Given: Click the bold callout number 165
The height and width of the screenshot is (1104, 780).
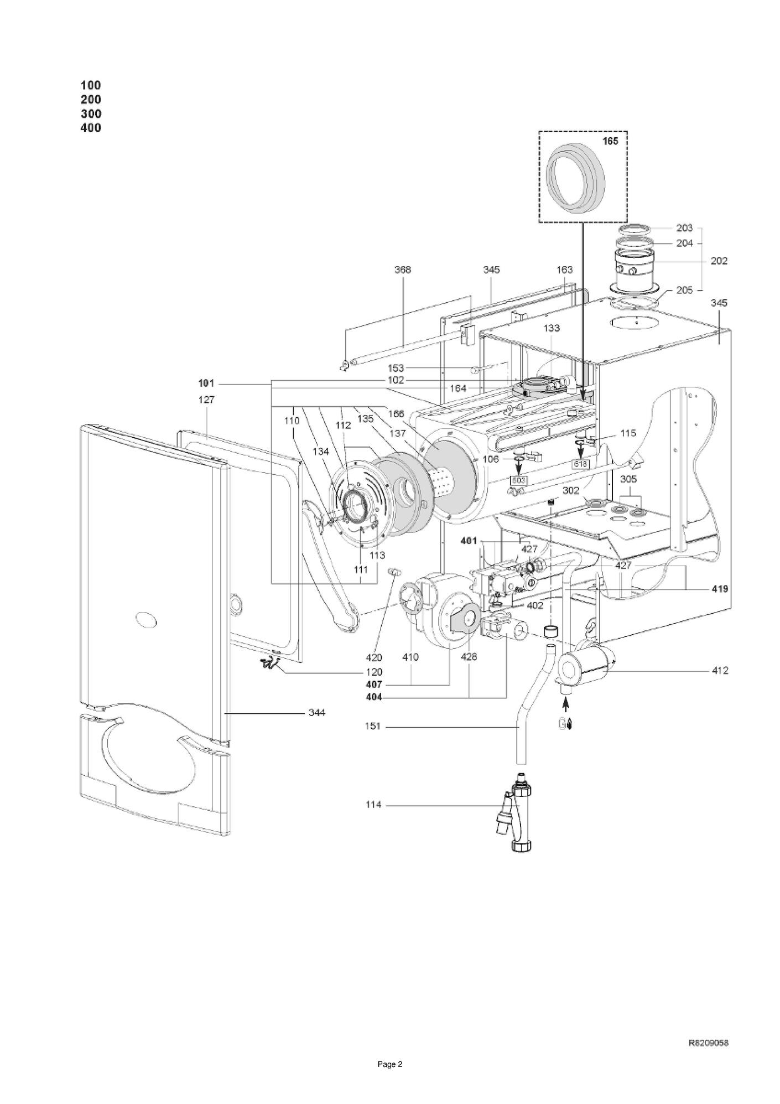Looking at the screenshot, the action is coord(610,142).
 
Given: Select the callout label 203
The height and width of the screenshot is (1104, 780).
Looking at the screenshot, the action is coord(684,228).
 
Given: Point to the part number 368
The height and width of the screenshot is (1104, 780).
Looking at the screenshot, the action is coord(403,269).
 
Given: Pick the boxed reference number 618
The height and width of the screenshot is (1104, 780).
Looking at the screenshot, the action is coord(581,464).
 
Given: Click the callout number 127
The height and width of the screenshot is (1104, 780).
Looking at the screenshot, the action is coord(206,399).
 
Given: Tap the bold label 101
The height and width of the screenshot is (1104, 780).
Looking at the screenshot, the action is coord(206,383).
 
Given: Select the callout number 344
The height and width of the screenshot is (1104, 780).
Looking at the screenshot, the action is coord(317,713).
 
